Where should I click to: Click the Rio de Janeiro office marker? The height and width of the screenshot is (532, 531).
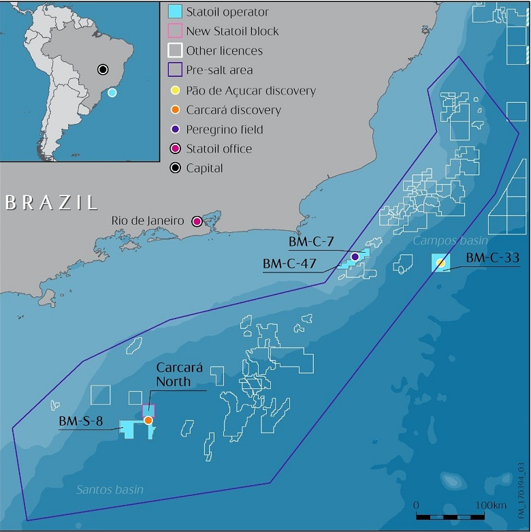click(197, 221)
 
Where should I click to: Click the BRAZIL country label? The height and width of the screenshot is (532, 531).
click(50, 202)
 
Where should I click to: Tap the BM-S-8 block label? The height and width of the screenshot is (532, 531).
click(80, 422)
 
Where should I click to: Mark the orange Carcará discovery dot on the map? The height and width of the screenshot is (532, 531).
click(148, 420)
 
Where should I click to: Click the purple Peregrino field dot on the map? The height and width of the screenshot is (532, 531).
click(355, 256)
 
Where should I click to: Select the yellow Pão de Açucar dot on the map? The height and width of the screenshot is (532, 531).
click(440, 262)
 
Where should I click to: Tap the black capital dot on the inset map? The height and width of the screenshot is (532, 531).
click(102, 69)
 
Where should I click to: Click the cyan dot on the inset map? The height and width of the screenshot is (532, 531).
click(112, 92)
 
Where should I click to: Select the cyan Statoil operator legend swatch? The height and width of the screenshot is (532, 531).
click(174, 12)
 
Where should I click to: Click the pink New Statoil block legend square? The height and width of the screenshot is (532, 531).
click(174, 31)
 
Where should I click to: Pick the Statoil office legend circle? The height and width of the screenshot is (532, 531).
click(174, 148)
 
